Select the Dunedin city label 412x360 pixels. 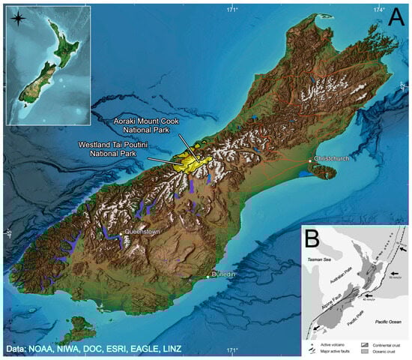point(224,275)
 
